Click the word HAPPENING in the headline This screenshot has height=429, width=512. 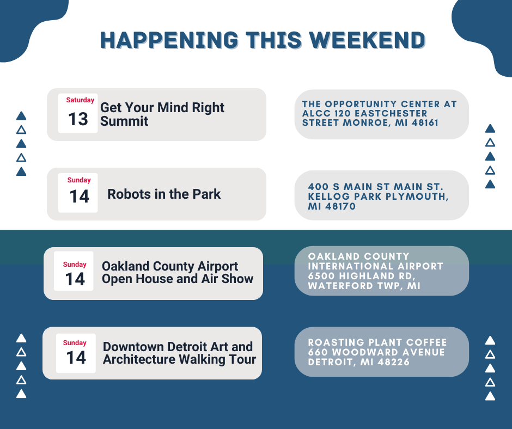[x=169, y=40]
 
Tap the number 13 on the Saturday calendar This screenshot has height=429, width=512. [x=78, y=119]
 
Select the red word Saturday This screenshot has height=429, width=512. [x=80, y=100]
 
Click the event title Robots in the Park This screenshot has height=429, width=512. [x=164, y=194]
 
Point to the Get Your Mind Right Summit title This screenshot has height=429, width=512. [x=162, y=114]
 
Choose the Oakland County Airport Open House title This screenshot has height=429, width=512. [x=178, y=272]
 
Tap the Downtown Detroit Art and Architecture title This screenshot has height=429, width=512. [x=179, y=353]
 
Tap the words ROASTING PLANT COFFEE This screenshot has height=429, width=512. [x=377, y=342]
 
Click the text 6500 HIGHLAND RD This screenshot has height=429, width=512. [x=362, y=276]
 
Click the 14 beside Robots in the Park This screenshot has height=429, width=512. [x=79, y=197]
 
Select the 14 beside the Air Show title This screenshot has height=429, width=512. [x=75, y=279]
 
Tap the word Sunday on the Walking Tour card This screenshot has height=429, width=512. [x=75, y=343]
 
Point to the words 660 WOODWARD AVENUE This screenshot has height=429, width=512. [x=376, y=352]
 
